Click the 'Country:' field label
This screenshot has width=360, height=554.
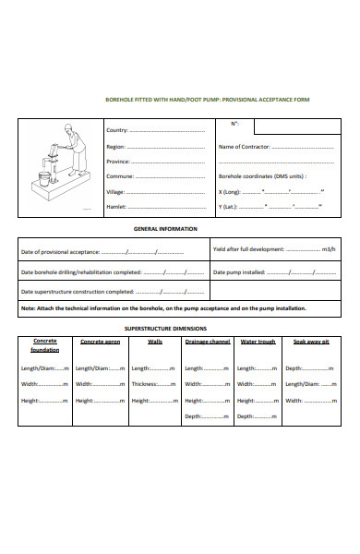click(117, 131)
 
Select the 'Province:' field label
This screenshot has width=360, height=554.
click(118, 161)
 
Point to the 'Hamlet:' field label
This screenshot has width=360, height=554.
click(116, 207)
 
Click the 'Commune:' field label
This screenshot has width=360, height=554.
click(119, 175)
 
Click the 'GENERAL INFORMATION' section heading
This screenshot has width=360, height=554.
click(165, 227)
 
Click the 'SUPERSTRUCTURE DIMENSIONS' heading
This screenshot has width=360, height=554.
click(165, 328)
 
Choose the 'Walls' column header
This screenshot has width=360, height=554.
click(155, 342)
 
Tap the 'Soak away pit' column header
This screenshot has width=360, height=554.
click(310, 342)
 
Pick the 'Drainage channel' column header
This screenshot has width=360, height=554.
click(208, 342)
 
